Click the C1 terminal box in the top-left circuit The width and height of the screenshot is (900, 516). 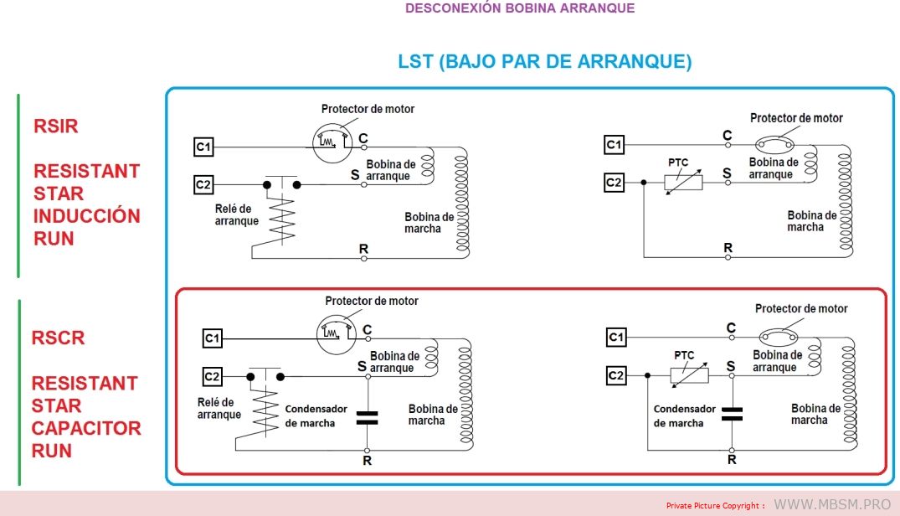pyautogui.click(x=203, y=147)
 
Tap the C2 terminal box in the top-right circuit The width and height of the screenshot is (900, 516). pyautogui.click(x=615, y=183)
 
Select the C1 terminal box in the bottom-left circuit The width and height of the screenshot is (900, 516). pyautogui.click(x=213, y=338)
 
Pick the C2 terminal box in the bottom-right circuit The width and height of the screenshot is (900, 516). pyautogui.click(x=616, y=375)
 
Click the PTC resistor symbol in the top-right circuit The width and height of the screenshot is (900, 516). pyautogui.click(x=683, y=183)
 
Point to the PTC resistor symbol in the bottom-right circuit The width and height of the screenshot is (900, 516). pyautogui.click(x=689, y=375)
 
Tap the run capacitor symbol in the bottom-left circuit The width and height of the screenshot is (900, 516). pyautogui.click(x=368, y=418)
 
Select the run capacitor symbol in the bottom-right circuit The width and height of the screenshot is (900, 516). pyautogui.click(x=732, y=415)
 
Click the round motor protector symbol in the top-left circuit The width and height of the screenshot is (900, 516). pyautogui.click(x=332, y=143)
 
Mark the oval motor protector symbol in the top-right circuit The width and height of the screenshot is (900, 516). pyautogui.click(x=774, y=144)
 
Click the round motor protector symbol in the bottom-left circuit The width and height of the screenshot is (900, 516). pyautogui.click(x=337, y=334)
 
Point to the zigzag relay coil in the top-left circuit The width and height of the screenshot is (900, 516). pyautogui.click(x=282, y=220)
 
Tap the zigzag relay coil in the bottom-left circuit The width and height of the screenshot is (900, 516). pyautogui.click(x=265, y=412)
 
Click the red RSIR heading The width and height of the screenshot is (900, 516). pyautogui.click(x=56, y=126)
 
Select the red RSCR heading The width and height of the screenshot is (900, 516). pyautogui.click(x=58, y=338)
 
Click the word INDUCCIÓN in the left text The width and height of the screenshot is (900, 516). pyautogui.click(x=87, y=216)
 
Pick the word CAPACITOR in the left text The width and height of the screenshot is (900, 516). pyautogui.click(x=86, y=428)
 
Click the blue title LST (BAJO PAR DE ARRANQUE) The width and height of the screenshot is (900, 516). pyautogui.click(x=545, y=61)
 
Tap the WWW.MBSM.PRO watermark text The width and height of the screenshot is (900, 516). pyautogui.click(x=832, y=504)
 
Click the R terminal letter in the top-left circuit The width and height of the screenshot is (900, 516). pyautogui.click(x=363, y=249)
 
